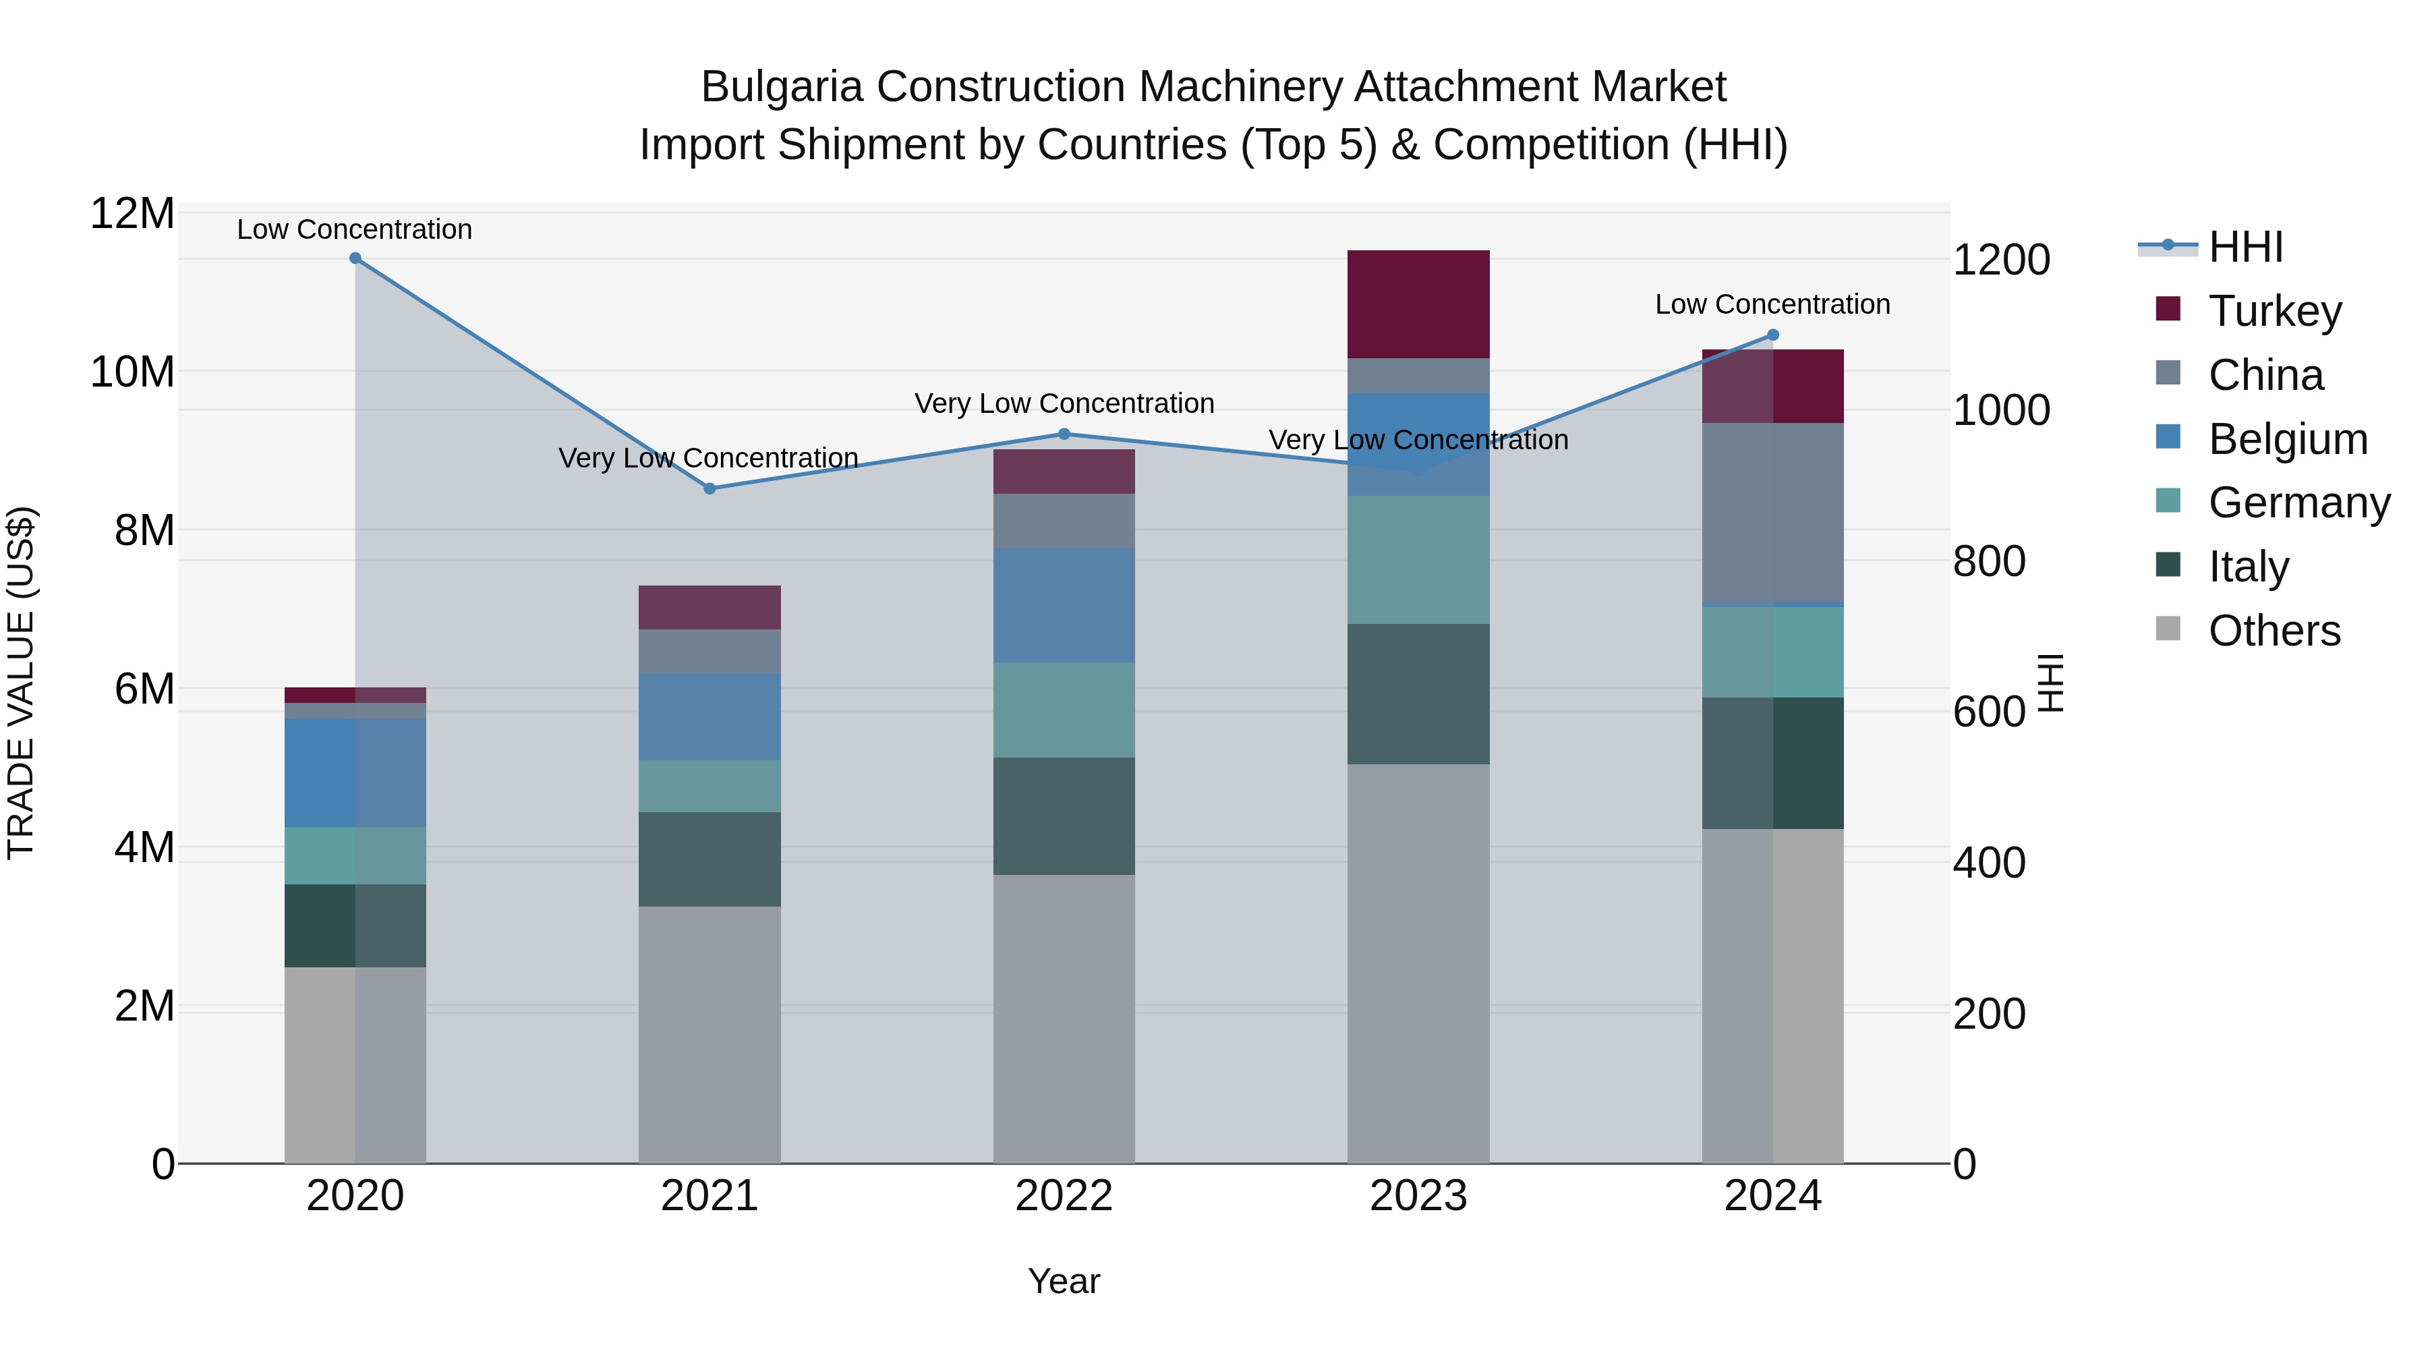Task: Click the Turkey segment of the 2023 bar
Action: point(1418,304)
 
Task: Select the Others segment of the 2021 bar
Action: point(709,1034)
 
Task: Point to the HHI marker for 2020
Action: point(355,258)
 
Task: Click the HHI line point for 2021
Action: point(710,488)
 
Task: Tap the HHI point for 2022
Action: point(1064,434)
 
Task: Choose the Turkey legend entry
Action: point(2274,311)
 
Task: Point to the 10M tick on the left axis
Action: point(132,372)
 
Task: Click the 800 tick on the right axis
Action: point(1989,561)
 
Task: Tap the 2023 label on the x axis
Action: point(1418,1195)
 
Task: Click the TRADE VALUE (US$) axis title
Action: point(21,683)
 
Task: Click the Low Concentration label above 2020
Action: point(354,229)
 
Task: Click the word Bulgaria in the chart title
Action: point(782,87)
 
